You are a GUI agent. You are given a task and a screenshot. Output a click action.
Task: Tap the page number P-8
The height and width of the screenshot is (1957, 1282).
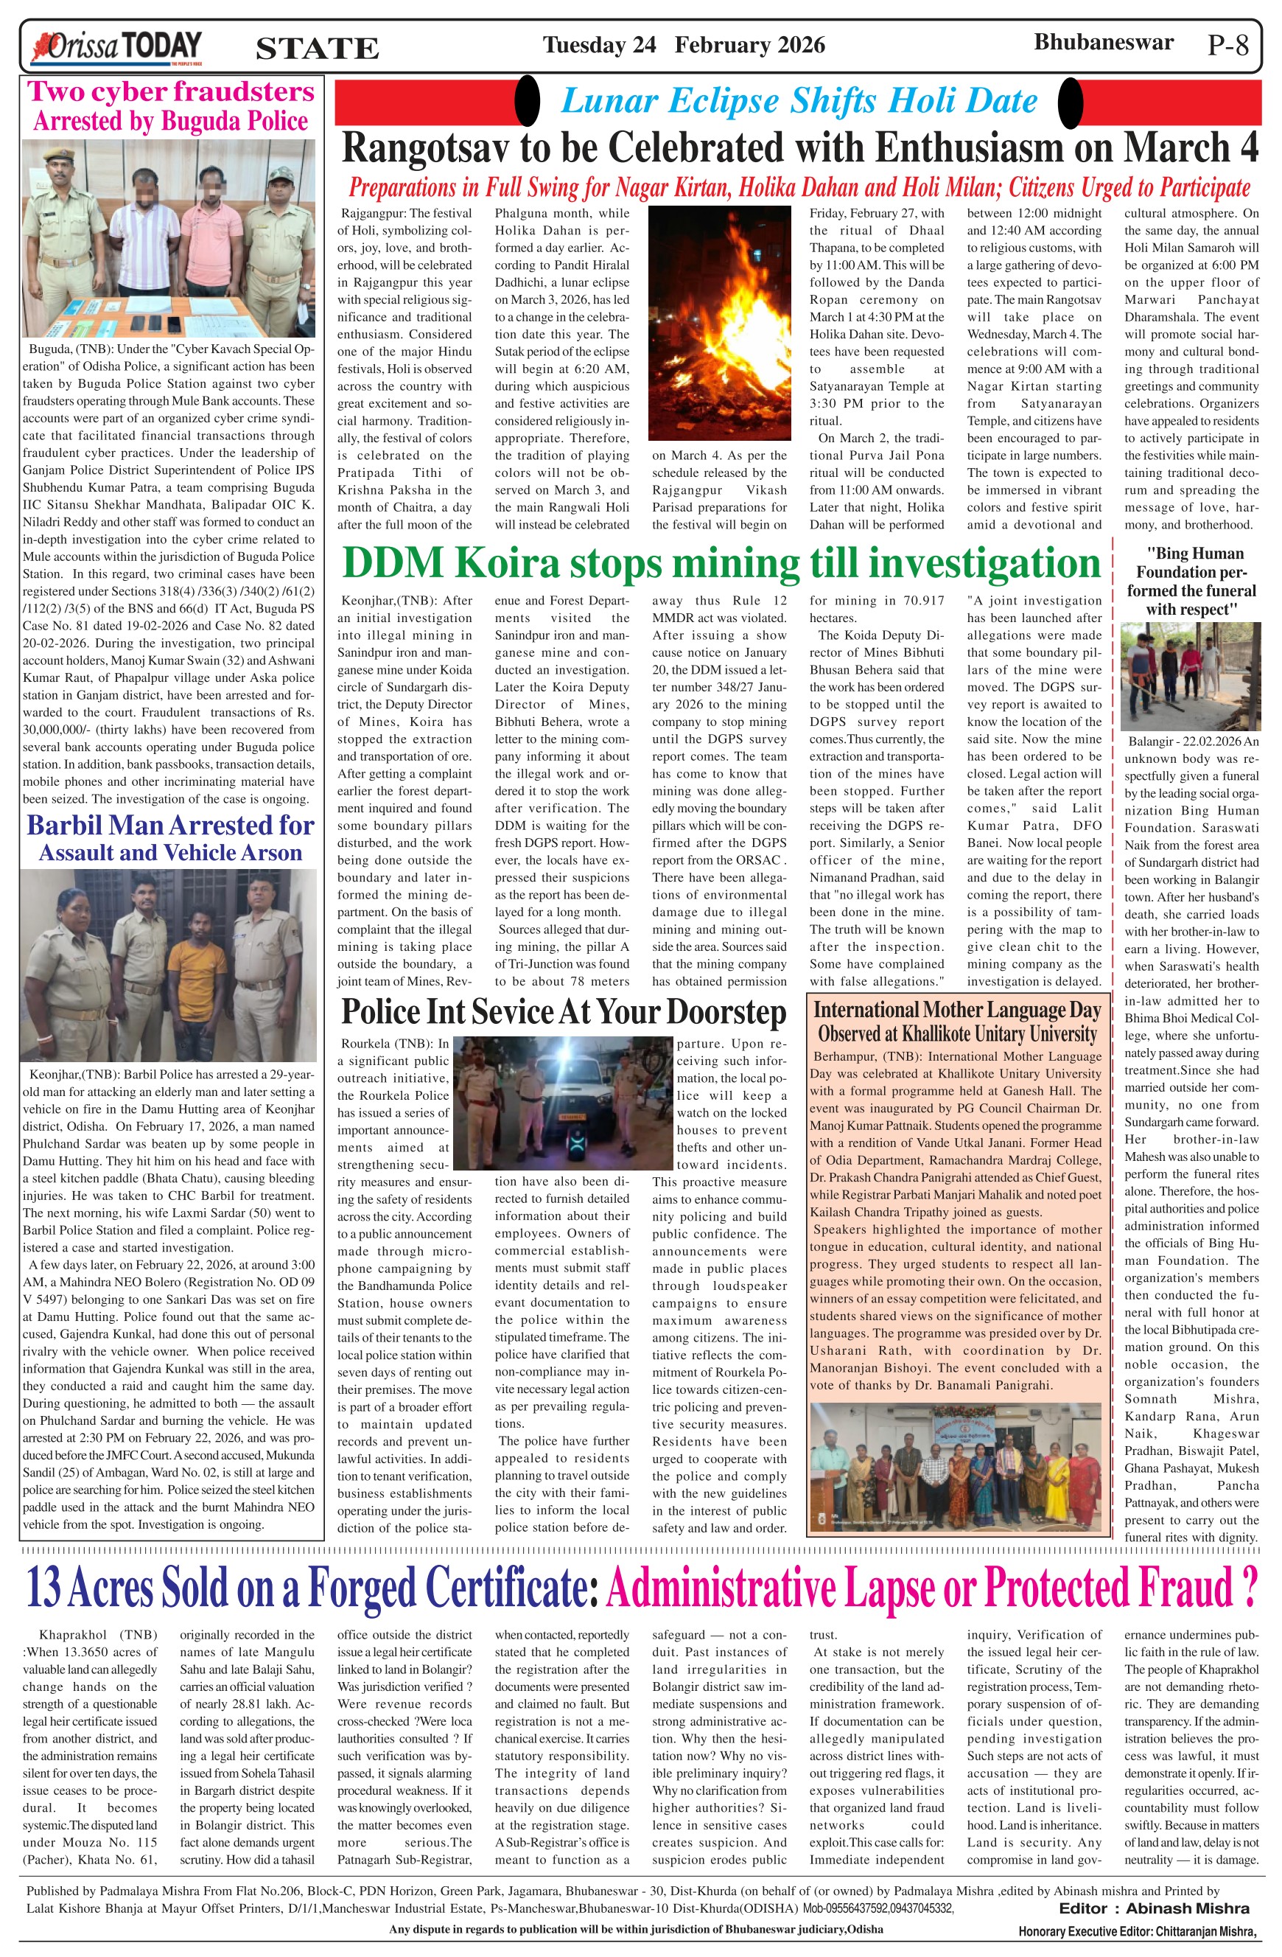(x=1227, y=45)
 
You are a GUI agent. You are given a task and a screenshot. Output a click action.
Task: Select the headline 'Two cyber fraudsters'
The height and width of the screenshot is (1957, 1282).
(x=171, y=91)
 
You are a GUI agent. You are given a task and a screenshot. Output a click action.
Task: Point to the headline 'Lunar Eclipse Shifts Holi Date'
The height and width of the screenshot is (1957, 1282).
(x=798, y=101)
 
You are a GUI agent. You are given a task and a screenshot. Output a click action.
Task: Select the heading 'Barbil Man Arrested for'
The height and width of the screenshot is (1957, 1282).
(x=171, y=825)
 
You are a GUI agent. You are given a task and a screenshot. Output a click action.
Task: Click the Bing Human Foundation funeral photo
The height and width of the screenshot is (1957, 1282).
(x=1191, y=676)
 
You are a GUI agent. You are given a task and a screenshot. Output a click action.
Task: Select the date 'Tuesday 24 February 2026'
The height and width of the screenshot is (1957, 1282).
(x=683, y=44)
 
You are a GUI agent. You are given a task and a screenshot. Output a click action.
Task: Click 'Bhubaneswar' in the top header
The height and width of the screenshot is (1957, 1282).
(x=1103, y=42)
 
